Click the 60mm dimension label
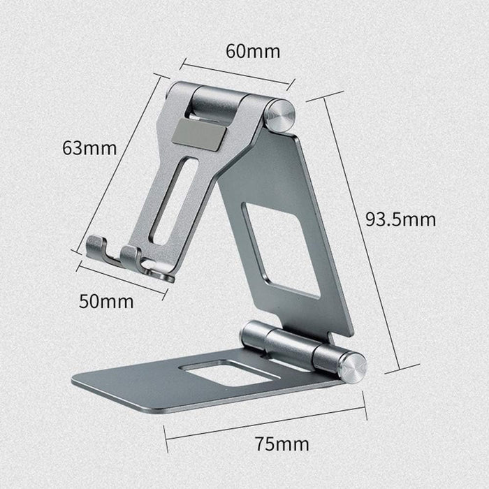[253, 52]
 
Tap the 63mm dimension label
[89, 148]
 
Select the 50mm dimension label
[106, 302]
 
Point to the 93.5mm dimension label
[400, 219]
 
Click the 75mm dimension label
[282, 444]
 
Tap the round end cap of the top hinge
[279, 116]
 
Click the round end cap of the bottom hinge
[352, 367]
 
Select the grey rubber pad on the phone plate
[199, 134]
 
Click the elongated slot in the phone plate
[173, 202]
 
